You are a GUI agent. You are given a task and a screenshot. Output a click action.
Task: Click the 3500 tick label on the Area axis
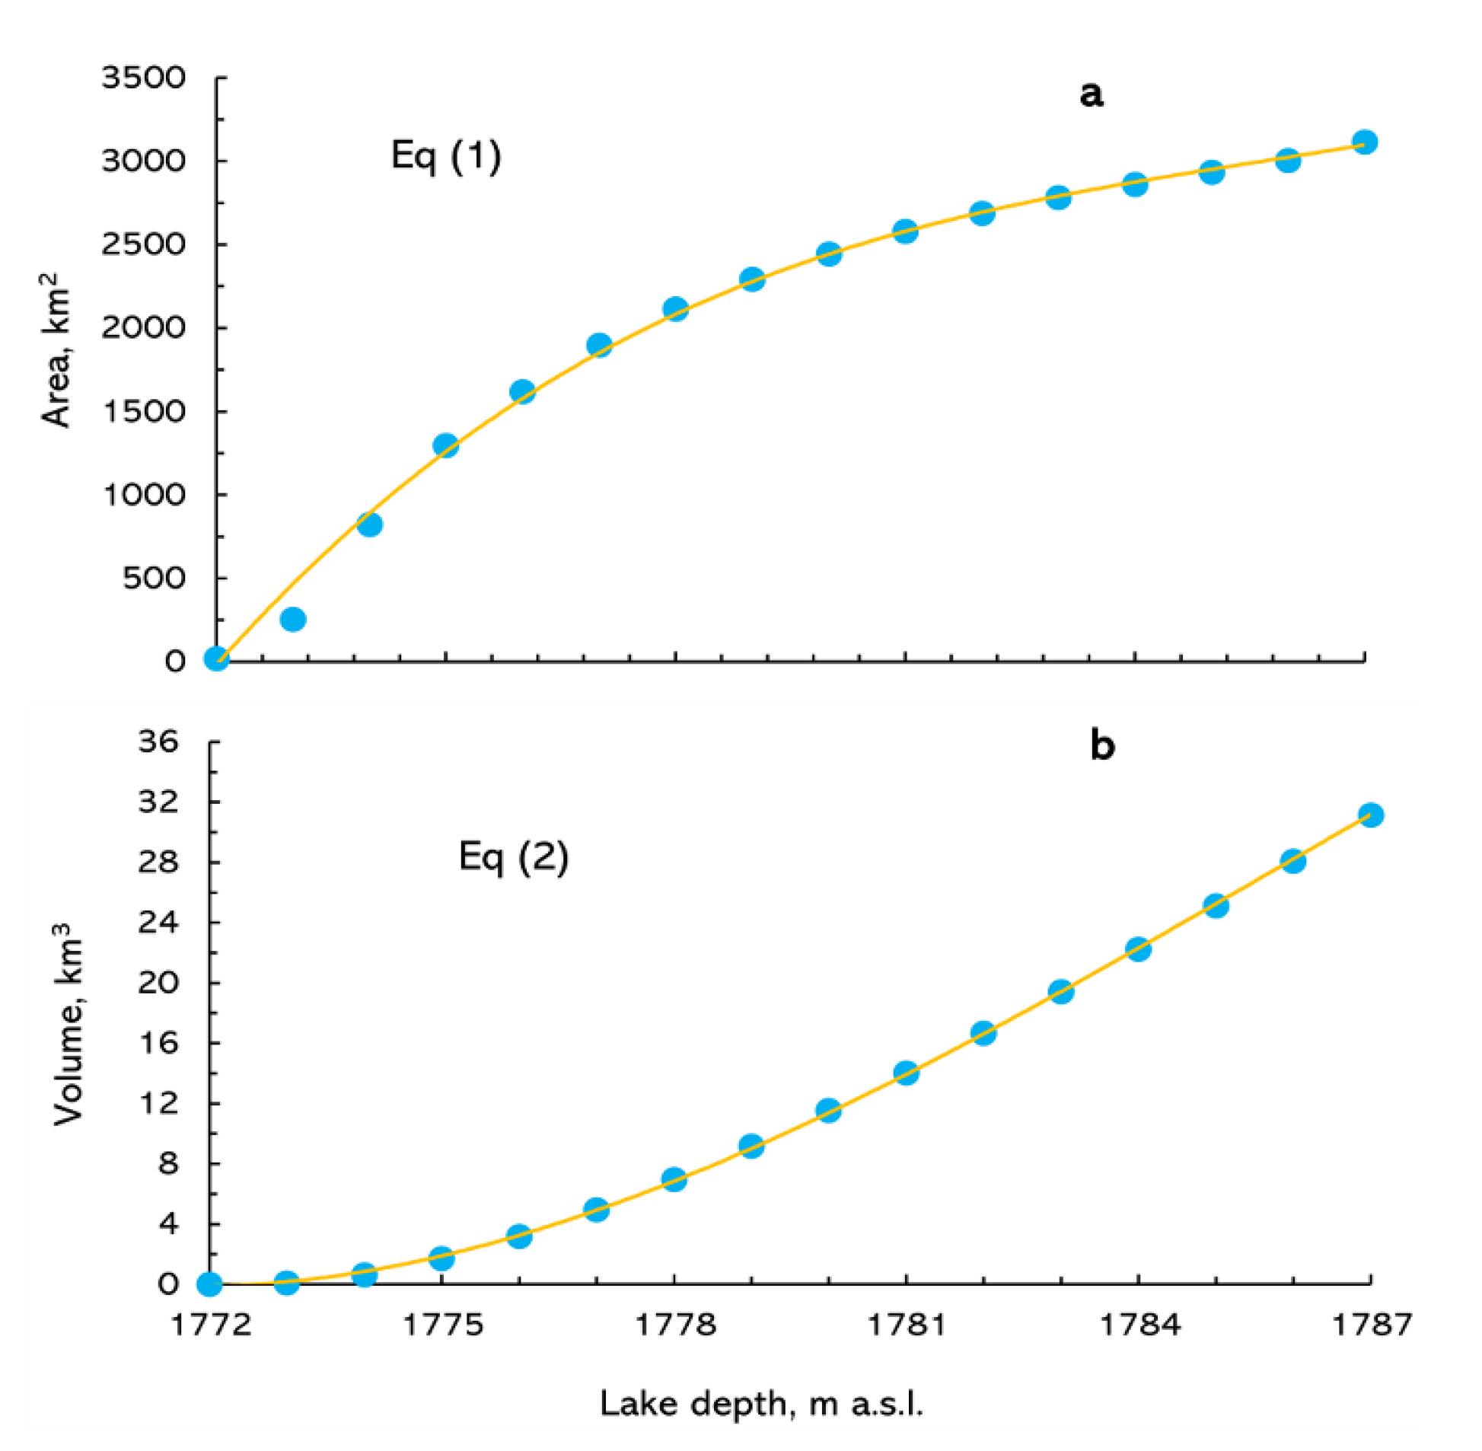pos(143,78)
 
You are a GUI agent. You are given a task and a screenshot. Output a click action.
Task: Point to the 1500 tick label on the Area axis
pos(143,412)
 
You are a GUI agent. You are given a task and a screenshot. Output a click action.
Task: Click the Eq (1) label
pos(446,156)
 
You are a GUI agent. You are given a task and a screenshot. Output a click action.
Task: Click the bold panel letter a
pos(1091,94)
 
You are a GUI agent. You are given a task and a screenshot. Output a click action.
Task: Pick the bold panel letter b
pos(1101,745)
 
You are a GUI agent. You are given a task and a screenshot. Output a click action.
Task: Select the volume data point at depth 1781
pos(907,1073)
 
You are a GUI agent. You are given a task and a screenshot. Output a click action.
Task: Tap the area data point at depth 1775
pos(446,445)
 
